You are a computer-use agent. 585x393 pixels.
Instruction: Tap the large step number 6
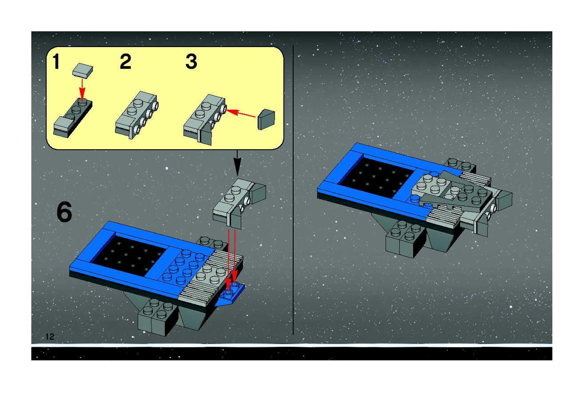64,212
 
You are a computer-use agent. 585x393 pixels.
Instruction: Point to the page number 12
50,337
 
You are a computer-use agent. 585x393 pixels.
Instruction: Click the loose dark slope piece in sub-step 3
266,119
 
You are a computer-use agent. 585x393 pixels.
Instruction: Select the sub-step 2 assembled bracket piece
137,115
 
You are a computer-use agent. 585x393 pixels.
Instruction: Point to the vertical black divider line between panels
293,190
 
